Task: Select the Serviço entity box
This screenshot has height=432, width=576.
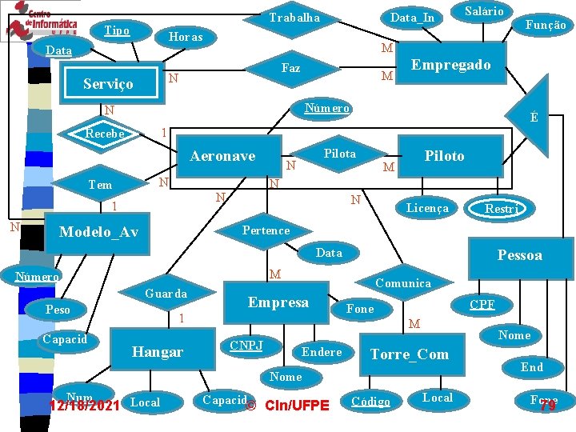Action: click(109, 83)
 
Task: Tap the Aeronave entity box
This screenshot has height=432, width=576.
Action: click(223, 156)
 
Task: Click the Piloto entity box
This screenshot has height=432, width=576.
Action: click(444, 156)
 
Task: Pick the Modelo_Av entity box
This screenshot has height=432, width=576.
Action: click(100, 233)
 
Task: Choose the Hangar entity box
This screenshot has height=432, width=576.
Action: click(158, 351)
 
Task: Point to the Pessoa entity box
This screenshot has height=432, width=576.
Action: click(520, 256)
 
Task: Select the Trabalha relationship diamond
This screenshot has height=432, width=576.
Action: click(294, 18)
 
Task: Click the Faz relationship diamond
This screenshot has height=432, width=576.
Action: click(291, 69)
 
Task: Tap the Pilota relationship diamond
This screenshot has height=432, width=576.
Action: click(340, 154)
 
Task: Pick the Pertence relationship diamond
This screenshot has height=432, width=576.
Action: click(266, 230)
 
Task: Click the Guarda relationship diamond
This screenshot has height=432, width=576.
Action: click(166, 294)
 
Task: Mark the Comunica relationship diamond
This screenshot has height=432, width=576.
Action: click(402, 282)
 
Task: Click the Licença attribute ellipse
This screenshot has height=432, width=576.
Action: click(427, 208)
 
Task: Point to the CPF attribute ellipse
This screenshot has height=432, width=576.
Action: click(482, 304)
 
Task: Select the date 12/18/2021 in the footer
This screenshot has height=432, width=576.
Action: click(84, 406)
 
